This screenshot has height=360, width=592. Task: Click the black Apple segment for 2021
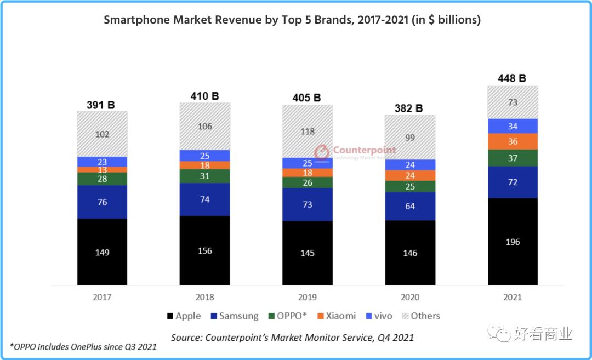click(513, 242)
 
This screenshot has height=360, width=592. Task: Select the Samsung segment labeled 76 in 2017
click(102, 202)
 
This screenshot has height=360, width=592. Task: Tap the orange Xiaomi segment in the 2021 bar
click(513, 141)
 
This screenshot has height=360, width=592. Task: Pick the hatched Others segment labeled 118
click(308, 131)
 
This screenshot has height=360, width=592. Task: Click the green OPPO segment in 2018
click(205, 176)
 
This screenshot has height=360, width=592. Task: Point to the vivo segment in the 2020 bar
click(410, 165)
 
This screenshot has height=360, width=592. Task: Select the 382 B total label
click(409, 108)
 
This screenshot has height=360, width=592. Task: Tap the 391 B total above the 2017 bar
click(101, 104)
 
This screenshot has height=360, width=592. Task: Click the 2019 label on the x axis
click(308, 297)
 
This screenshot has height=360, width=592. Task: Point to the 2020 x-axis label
click(410, 297)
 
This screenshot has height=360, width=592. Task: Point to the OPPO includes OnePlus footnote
click(83, 346)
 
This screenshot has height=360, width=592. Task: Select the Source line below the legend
click(292, 337)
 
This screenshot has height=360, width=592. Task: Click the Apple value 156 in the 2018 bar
click(205, 251)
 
